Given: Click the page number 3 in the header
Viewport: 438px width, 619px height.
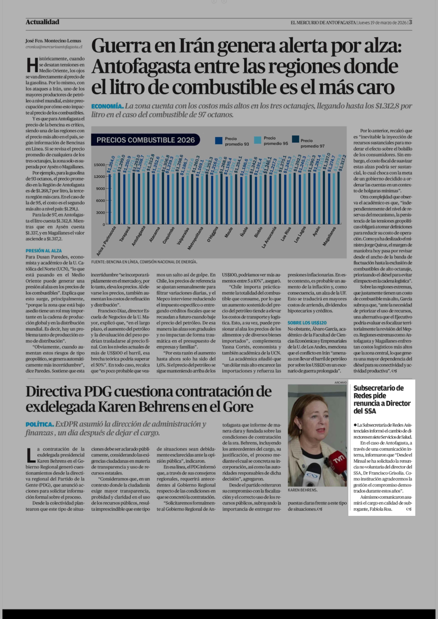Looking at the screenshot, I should pos(410,22).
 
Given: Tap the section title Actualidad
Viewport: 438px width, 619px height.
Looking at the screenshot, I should pos(42,22).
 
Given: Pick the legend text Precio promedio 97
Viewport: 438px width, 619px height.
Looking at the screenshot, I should pos(312,143).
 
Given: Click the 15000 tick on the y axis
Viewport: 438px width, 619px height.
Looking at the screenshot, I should pos(99,165).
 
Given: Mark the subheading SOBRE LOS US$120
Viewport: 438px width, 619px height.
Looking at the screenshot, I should pos(307,323).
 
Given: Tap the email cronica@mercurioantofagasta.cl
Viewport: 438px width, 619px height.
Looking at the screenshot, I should pos(54,47).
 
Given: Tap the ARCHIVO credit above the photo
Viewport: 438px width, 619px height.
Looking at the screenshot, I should pos(340,382).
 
